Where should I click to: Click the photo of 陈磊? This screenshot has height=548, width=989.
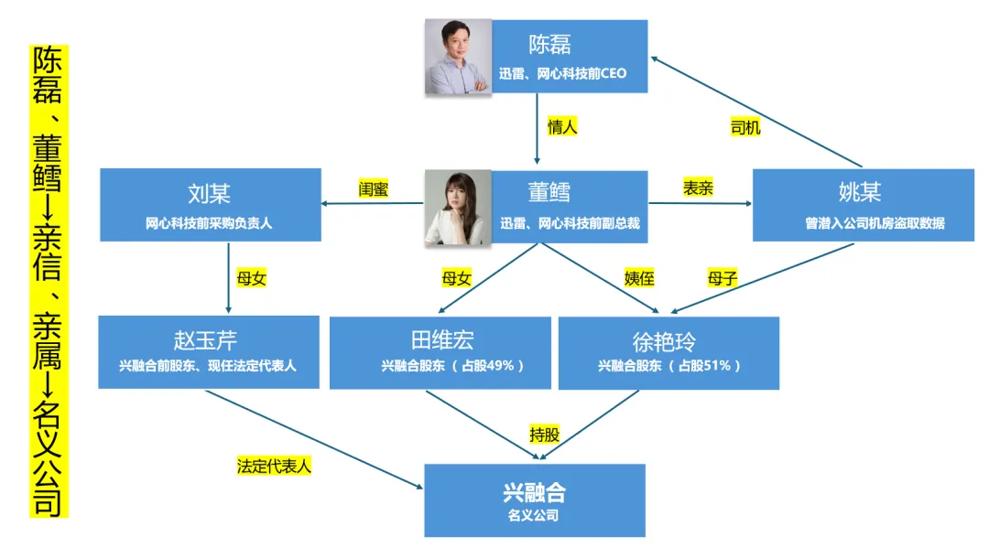click(x=458, y=57)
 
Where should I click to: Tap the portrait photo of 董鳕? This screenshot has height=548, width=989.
click(x=458, y=208)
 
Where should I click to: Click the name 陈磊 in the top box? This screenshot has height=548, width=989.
click(x=549, y=45)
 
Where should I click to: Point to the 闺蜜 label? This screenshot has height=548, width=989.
click(x=374, y=189)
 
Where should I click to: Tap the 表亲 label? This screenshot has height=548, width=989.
click(x=698, y=189)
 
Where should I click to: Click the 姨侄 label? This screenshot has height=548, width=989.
click(x=640, y=278)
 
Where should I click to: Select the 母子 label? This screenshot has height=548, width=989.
click(x=723, y=278)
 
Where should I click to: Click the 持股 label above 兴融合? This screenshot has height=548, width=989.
click(x=544, y=435)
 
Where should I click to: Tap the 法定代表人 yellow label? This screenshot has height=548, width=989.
click(x=275, y=466)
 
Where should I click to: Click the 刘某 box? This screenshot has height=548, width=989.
click(x=211, y=205)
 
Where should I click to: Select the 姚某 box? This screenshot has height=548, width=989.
click(x=863, y=205)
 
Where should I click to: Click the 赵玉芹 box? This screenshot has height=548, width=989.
click(x=208, y=352)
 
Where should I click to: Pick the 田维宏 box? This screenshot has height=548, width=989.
click(x=440, y=352)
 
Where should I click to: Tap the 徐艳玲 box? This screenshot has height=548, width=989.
click(x=668, y=352)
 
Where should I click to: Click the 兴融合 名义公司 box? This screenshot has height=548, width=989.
click(x=535, y=500)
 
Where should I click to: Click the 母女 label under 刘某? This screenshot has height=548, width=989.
click(x=251, y=278)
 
